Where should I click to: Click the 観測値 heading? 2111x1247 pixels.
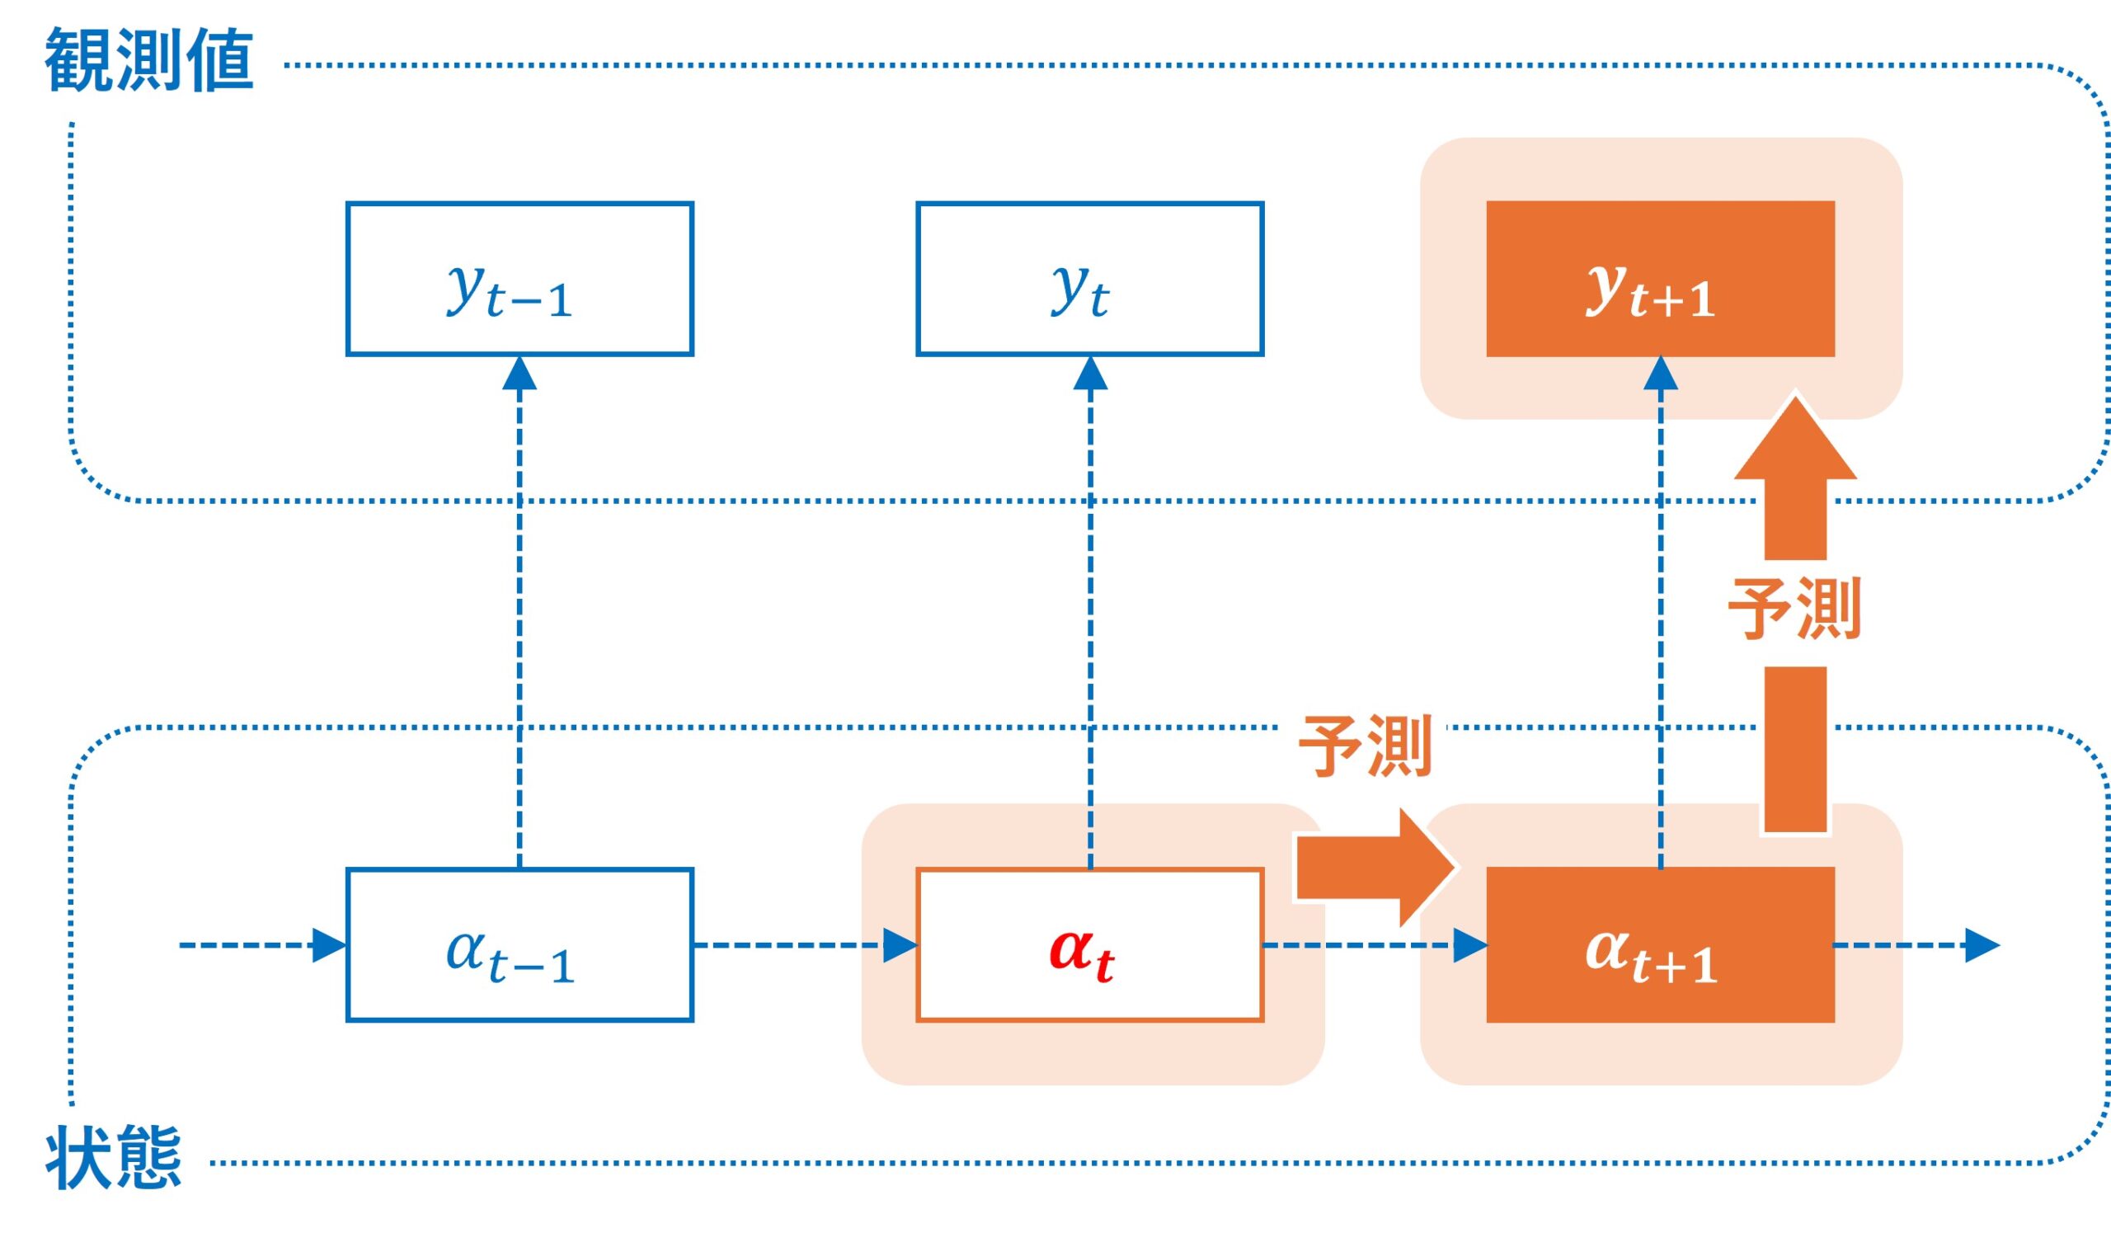pos(148,59)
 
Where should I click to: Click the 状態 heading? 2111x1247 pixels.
pos(113,1159)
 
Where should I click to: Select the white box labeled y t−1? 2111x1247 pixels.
pos(520,278)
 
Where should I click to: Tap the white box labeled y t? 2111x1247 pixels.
pos(1089,278)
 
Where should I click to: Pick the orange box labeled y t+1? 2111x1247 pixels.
pos(1660,278)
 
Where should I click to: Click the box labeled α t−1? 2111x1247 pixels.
pos(520,944)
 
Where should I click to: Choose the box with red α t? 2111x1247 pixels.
pos(1089,944)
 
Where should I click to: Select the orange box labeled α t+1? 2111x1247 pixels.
pos(1660,944)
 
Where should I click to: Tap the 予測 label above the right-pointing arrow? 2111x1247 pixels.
pos(1365,746)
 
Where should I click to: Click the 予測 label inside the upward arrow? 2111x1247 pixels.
pos(1795,609)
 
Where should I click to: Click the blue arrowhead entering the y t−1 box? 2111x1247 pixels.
pos(520,374)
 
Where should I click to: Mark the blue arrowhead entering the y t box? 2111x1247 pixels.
pos(1089,374)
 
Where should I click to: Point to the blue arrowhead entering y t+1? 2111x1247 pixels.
pos(1660,374)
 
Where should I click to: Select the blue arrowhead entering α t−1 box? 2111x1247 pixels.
pos(328,944)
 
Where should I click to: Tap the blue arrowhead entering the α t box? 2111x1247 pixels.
pos(899,944)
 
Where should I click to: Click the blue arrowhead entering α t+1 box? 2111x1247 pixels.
pos(1469,944)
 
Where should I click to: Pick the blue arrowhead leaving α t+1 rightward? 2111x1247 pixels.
pos(1982,944)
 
